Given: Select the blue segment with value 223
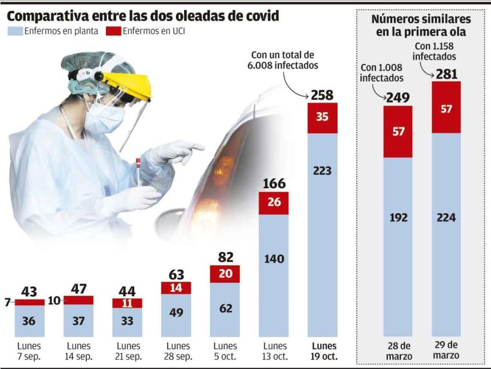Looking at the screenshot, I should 322,229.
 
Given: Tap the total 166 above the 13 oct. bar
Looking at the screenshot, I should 274,184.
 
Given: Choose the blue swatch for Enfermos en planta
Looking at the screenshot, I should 15,31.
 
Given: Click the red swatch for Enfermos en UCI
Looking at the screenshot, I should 113,31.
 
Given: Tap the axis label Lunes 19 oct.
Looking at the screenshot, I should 324,351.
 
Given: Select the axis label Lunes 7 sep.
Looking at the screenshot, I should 29,351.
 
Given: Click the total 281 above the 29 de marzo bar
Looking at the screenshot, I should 446,74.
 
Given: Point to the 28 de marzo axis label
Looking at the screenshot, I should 398,351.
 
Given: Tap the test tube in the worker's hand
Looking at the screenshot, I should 138,170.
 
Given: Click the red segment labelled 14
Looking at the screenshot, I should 176,288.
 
